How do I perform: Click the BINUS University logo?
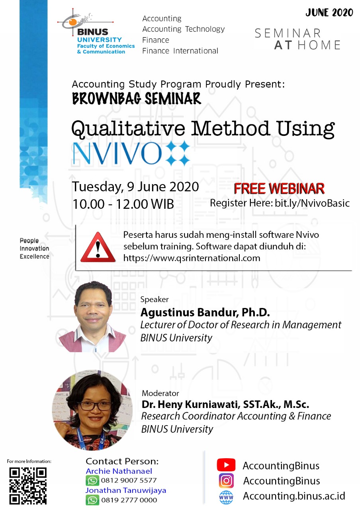(x=96, y=31)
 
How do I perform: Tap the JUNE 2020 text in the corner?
(x=329, y=12)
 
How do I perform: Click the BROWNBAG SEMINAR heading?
(x=136, y=98)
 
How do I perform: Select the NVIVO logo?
(x=131, y=153)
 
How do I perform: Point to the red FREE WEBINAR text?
(x=279, y=188)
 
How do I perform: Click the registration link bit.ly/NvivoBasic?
(x=312, y=203)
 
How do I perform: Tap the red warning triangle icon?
(x=98, y=247)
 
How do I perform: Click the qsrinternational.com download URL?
(x=192, y=258)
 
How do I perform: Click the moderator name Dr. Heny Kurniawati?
(x=225, y=404)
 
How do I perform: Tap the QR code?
(x=28, y=486)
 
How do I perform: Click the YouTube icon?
(x=226, y=465)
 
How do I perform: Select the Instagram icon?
(x=226, y=481)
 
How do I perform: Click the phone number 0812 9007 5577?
(x=129, y=481)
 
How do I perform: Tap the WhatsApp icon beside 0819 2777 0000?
(x=92, y=500)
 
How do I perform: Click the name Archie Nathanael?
(x=119, y=471)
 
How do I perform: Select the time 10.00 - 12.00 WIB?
(x=123, y=204)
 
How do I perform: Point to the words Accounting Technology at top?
(x=184, y=29)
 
